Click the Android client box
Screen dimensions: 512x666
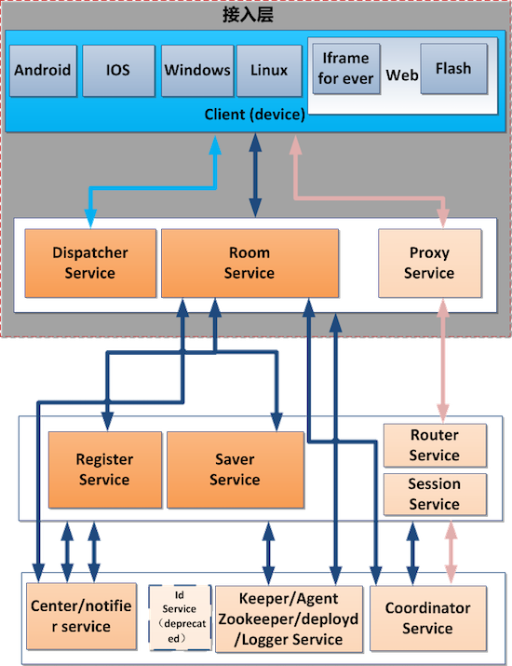coord(43,71)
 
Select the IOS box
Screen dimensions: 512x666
coord(118,71)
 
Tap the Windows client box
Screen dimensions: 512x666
coord(197,71)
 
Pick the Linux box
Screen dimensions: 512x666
coord(269,71)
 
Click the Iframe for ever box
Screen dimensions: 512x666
coord(346,68)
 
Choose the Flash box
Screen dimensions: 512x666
coord(454,68)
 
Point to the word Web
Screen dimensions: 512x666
coord(401,75)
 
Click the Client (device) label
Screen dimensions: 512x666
coord(255,115)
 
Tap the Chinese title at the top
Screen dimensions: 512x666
coord(248,15)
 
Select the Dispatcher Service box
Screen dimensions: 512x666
coord(90,263)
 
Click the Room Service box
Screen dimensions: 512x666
coord(249,263)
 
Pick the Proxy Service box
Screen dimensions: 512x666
coord(430,263)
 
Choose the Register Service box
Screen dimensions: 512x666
coord(105,469)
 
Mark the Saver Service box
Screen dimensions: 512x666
coord(236,469)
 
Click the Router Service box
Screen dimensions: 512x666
coord(435,445)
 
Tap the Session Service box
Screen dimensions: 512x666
coord(435,495)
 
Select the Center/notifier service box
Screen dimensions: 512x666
coord(81,617)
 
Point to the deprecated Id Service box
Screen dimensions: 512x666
coord(180,618)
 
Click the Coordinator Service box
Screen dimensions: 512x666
coord(428,618)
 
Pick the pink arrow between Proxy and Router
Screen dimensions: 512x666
coord(443,361)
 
